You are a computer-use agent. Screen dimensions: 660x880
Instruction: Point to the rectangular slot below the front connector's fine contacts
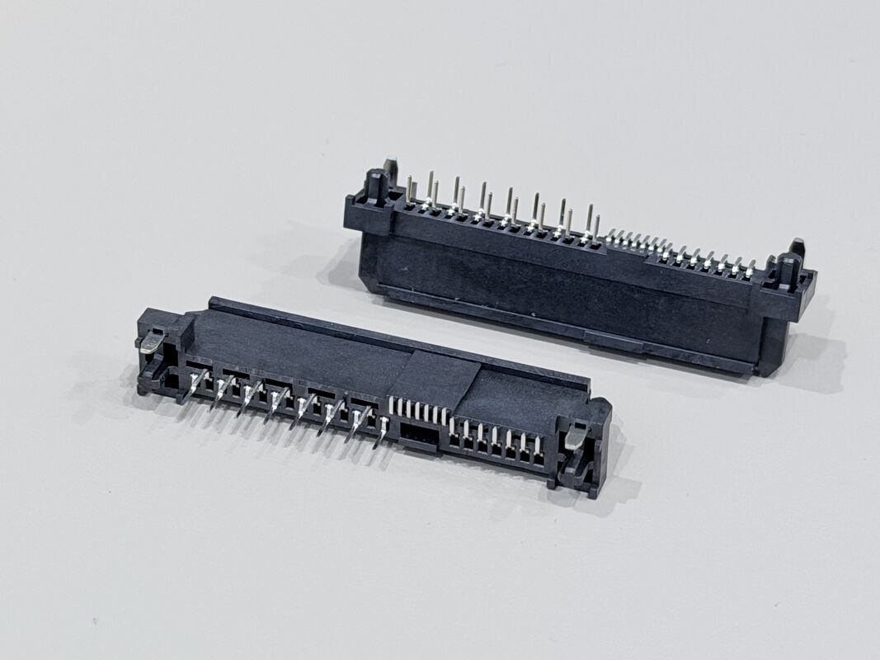[x=420, y=434]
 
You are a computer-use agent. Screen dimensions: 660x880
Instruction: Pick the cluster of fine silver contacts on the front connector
[x=418, y=409]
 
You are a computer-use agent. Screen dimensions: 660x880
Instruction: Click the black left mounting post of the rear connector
[x=376, y=186]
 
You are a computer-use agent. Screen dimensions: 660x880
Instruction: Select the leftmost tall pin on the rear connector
[x=409, y=187]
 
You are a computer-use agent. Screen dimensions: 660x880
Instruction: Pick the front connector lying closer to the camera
[x=371, y=388]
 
